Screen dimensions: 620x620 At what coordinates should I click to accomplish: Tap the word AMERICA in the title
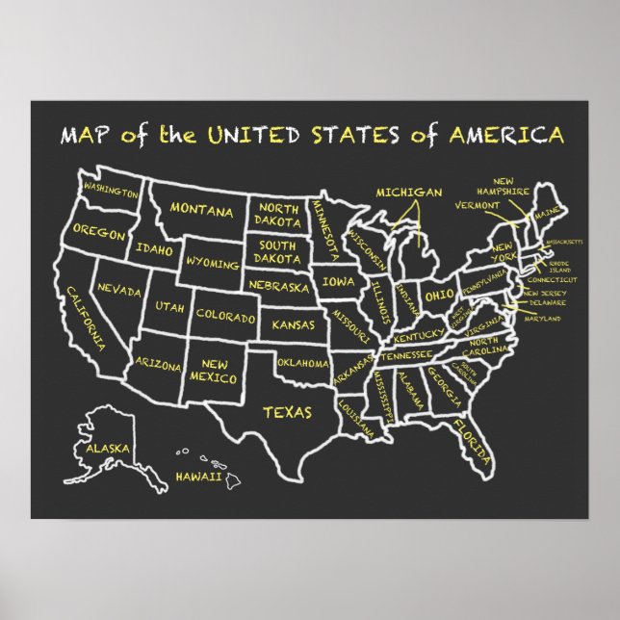[x=506, y=134]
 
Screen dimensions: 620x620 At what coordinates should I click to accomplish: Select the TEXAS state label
[x=287, y=412]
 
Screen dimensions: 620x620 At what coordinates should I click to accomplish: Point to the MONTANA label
[x=201, y=209]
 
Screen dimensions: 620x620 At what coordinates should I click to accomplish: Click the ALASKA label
[x=108, y=449]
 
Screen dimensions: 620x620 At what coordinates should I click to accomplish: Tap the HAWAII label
[x=199, y=477]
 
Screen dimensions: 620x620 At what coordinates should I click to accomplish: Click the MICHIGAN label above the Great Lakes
[x=409, y=193]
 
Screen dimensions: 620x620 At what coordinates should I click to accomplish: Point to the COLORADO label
[x=225, y=316]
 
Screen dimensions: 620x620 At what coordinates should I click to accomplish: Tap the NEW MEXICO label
[x=215, y=371]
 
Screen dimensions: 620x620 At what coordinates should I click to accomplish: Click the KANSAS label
[x=293, y=325]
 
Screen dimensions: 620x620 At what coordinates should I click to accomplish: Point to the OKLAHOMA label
[x=303, y=363]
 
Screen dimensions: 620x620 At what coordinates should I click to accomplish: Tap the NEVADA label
[x=120, y=289]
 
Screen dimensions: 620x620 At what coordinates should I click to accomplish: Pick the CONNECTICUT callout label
[x=551, y=279]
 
